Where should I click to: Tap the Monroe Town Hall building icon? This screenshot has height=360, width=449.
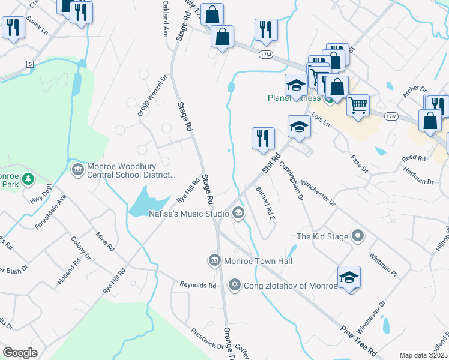(x=214, y=260)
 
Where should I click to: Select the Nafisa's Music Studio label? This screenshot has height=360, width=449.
(x=188, y=214)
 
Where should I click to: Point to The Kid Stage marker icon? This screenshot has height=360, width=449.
(x=358, y=236)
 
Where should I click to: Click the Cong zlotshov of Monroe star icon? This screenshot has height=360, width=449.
(x=235, y=285)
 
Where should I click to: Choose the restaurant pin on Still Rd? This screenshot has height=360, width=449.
(x=262, y=138)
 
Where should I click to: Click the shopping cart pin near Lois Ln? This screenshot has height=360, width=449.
(x=358, y=106)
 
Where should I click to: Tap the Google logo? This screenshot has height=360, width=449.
(x=20, y=353)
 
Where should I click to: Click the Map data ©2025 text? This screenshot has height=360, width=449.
(x=423, y=355)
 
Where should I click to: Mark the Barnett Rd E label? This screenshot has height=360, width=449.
(x=265, y=202)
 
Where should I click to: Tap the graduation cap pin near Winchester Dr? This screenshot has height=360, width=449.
(x=349, y=277)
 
